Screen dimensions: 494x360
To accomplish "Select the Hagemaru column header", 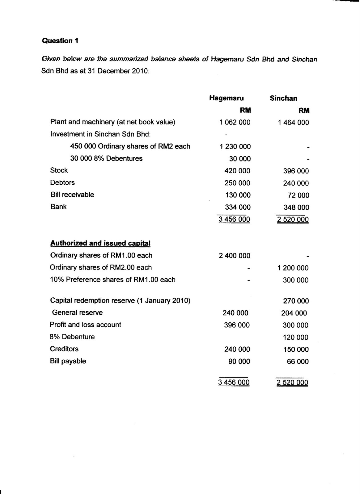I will tap(226, 98).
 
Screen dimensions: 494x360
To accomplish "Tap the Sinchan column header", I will tap(283, 98).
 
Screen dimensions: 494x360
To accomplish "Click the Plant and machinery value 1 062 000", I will tap(235, 122).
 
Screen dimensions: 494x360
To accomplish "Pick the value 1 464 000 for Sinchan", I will tap(293, 123).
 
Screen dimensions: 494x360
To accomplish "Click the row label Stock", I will tap(59, 170).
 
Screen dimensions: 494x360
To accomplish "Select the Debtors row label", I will tap(62, 182).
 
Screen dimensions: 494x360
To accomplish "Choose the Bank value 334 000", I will tap(237, 207).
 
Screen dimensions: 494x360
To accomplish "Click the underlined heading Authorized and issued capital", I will tap(100, 243).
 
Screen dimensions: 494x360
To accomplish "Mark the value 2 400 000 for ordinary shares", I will tap(235, 256).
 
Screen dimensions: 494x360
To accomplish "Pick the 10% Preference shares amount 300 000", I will tap(295, 280).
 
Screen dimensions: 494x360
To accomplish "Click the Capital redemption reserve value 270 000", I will tap(296, 301).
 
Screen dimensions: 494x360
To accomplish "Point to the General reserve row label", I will tap(77, 312).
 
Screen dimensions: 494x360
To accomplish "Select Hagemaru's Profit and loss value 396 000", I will tap(237, 325).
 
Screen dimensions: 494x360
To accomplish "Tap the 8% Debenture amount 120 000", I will tap(295, 337).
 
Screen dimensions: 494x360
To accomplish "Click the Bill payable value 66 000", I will tap(298, 362).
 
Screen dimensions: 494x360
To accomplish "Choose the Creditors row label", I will tap(64, 349).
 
